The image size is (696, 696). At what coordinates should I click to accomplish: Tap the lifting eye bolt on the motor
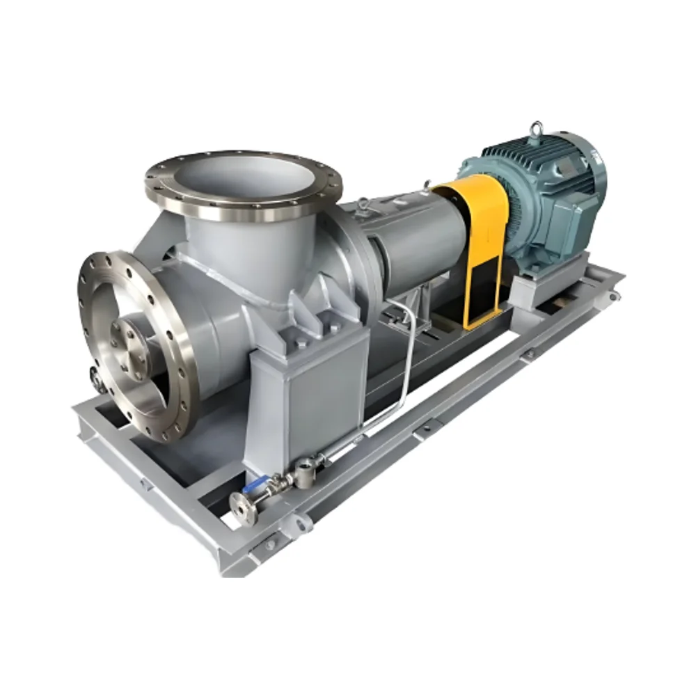[x=537, y=129]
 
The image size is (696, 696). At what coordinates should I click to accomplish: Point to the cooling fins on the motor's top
[x=515, y=150]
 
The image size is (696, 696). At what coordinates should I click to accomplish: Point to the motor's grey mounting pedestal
[x=550, y=278]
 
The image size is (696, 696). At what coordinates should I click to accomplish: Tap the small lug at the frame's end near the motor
[x=613, y=296]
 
